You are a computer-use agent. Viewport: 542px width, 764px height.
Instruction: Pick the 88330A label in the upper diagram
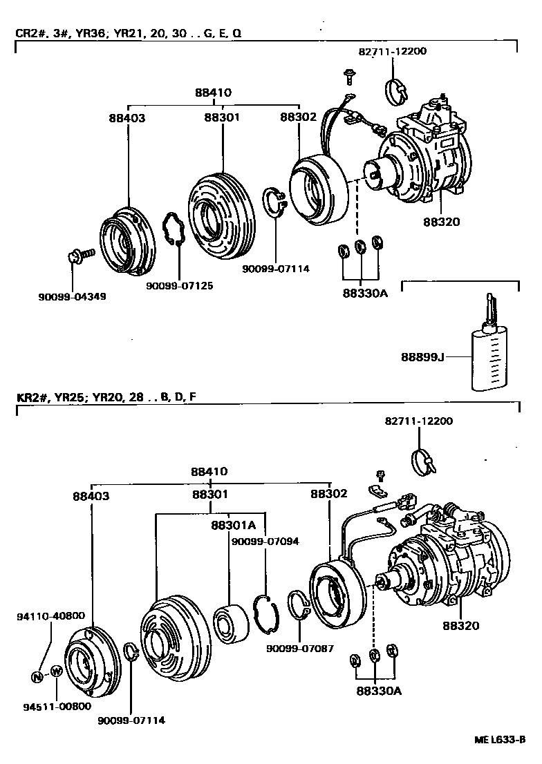pos(364,293)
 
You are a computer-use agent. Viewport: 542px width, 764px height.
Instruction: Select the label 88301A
pos(229,524)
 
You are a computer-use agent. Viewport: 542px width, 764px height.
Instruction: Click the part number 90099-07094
pos(265,542)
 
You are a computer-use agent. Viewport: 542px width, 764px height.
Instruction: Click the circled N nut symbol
pos(37,676)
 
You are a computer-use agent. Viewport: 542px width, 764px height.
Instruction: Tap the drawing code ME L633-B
pos(501,741)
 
